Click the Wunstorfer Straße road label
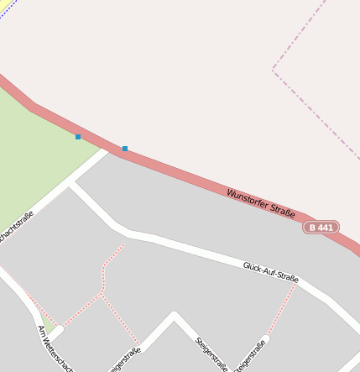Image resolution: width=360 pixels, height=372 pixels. coord(260,204)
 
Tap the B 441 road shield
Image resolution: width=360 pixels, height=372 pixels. coord(321,228)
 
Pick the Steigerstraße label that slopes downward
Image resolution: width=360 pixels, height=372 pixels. coord(211,353)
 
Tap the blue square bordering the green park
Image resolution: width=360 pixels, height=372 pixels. coord(78,136)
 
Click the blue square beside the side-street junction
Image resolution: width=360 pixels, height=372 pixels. coord(125,149)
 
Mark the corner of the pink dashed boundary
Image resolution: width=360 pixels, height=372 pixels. coord(273,71)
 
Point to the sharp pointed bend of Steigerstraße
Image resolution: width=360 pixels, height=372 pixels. coord(174,316)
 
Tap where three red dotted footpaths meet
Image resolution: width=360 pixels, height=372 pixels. coord(102,294)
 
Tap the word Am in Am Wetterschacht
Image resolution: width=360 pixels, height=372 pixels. coord(43,332)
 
